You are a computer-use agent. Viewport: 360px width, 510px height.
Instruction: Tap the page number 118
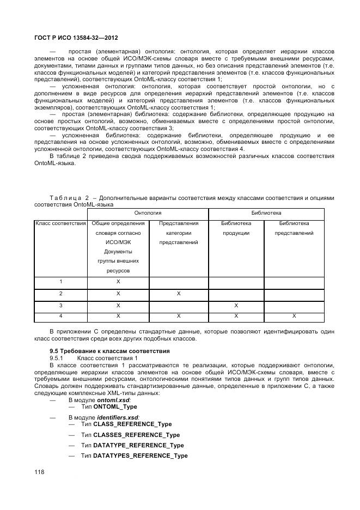(39, 471)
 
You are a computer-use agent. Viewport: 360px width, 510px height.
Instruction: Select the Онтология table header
(148, 213)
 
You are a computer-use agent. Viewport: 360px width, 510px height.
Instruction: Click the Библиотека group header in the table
(266, 213)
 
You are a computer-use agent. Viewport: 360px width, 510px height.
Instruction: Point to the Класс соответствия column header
(60, 223)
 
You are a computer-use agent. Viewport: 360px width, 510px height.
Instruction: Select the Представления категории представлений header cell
(178, 233)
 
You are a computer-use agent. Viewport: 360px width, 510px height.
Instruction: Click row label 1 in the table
(60, 282)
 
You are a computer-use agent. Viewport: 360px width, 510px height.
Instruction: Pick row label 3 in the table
(60, 305)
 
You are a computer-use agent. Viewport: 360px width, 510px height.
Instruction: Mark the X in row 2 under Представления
(178, 294)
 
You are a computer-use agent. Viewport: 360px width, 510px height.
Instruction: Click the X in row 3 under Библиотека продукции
(236, 305)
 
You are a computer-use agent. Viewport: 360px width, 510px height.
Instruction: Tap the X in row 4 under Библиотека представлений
(294, 316)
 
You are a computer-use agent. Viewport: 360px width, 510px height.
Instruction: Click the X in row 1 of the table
(118, 282)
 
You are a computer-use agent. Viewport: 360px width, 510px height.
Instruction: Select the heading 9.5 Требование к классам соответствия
(109, 350)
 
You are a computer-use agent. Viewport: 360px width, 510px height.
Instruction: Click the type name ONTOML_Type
(115, 407)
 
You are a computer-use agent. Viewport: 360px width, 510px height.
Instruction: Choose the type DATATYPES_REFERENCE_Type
(140, 456)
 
